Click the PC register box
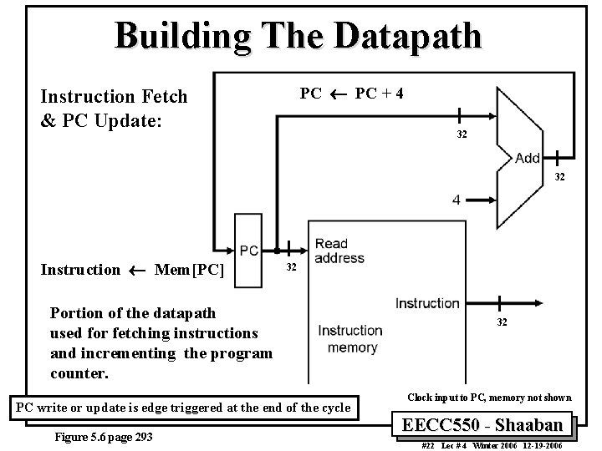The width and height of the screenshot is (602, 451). (248, 250)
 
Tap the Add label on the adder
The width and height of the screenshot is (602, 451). (528, 158)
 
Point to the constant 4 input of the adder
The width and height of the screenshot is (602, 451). (457, 200)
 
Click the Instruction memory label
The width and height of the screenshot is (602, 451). (350, 338)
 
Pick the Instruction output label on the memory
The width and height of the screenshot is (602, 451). (427, 302)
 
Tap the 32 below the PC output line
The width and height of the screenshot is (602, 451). (291, 267)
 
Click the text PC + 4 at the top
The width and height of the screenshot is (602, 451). (380, 92)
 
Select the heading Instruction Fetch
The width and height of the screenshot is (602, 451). (114, 97)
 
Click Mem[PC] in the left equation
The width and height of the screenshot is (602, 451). (189, 270)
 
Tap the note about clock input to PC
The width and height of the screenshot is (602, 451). (489, 398)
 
